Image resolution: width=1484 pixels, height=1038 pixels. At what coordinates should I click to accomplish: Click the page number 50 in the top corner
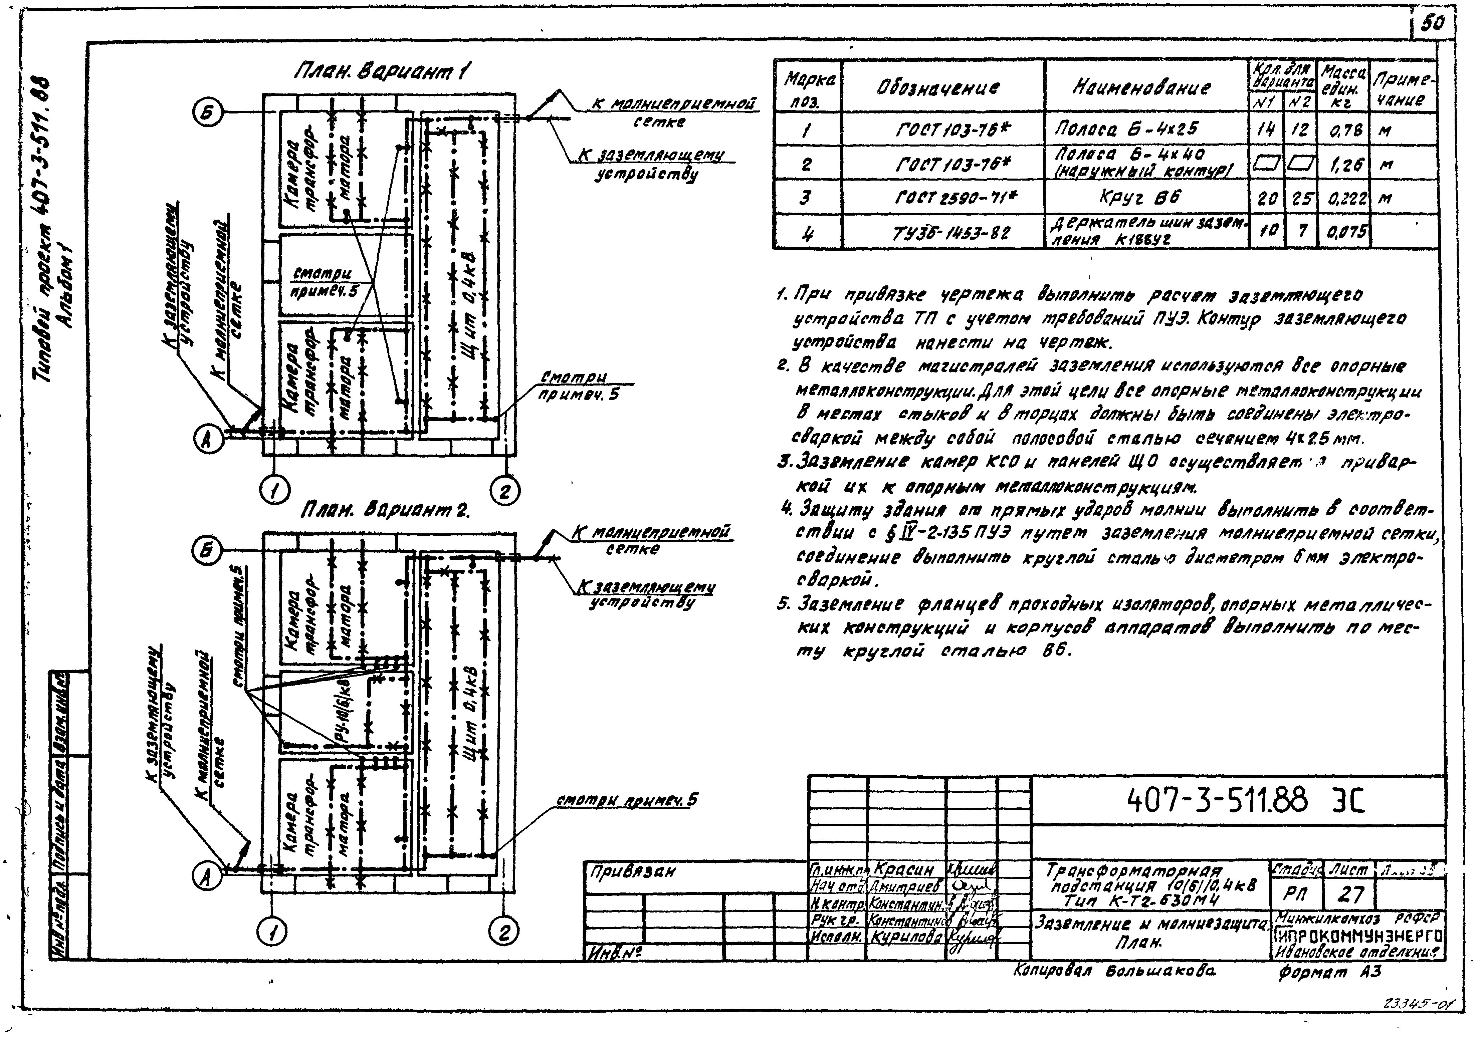tap(1432, 24)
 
